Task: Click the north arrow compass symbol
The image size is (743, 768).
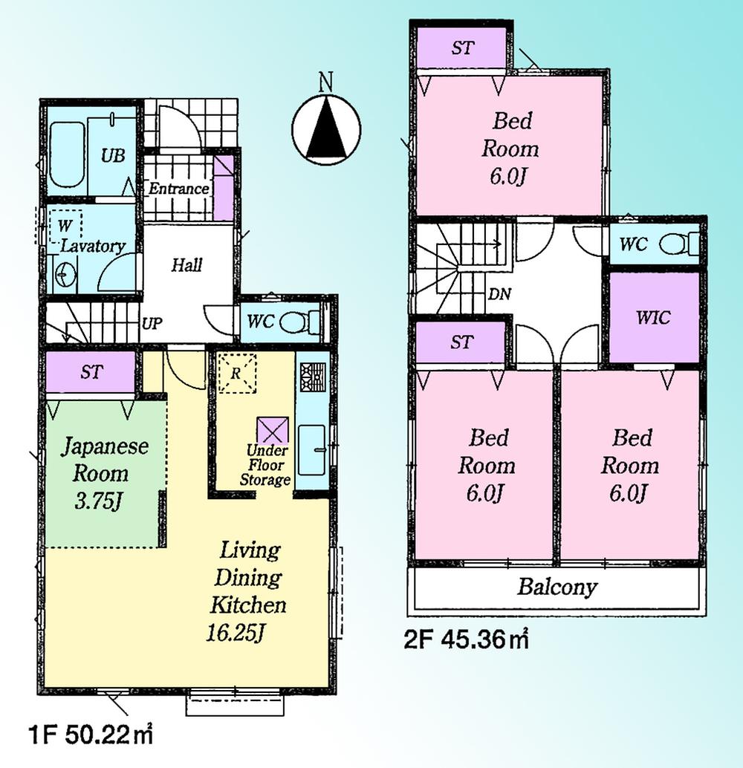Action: point(325,129)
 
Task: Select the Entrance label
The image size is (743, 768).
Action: point(178,189)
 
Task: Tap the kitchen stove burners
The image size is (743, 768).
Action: point(312,377)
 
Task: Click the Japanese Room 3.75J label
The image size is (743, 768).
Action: point(104,473)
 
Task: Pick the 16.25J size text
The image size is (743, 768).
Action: point(236,634)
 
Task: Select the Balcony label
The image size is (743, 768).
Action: point(557,588)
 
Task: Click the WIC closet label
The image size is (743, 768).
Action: point(653,318)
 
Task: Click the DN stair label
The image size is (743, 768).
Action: point(499,294)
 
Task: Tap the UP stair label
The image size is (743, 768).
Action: point(152,324)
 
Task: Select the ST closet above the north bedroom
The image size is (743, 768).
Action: point(462,49)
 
